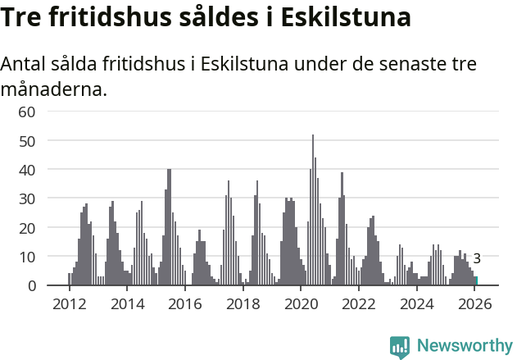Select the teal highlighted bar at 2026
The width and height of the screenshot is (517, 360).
click(476, 281)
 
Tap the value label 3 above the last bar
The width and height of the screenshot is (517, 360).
click(477, 258)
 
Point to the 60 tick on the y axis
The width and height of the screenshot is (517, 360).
click(27, 112)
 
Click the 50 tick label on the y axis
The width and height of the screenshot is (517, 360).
click(27, 140)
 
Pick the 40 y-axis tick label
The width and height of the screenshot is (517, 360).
click(27, 170)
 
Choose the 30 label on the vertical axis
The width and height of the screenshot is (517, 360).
click(27, 198)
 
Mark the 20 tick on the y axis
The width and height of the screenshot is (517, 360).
click(27, 227)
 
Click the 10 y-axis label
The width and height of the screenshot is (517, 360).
click(27, 257)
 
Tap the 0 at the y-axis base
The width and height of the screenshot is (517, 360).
click(32, 285)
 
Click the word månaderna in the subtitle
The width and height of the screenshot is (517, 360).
click(53, 89)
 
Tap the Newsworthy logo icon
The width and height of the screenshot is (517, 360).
click(400, 347)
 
